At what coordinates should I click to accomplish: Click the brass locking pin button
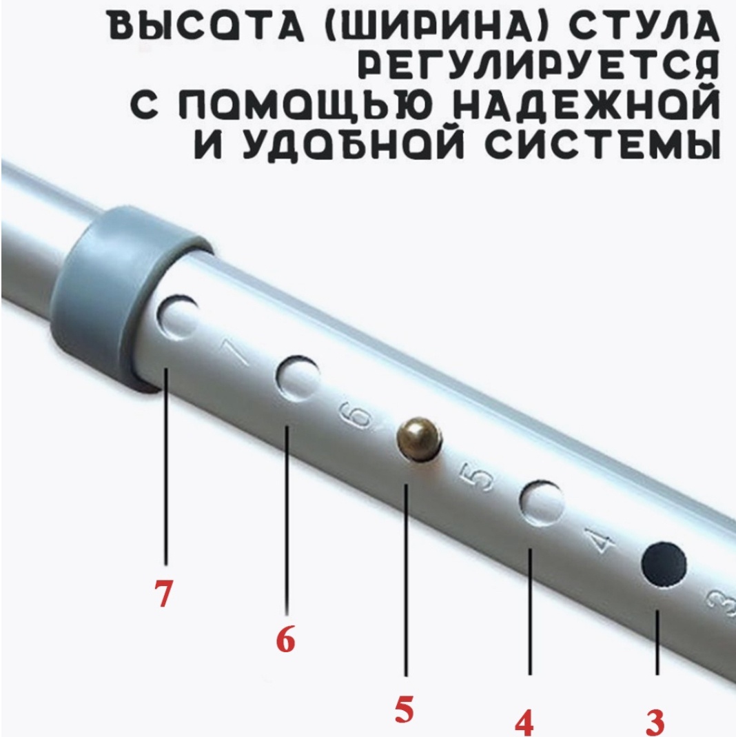tap(420, 439)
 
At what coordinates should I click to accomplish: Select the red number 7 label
tap(163, 593)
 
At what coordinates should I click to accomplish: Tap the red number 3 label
tap(655, 722)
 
